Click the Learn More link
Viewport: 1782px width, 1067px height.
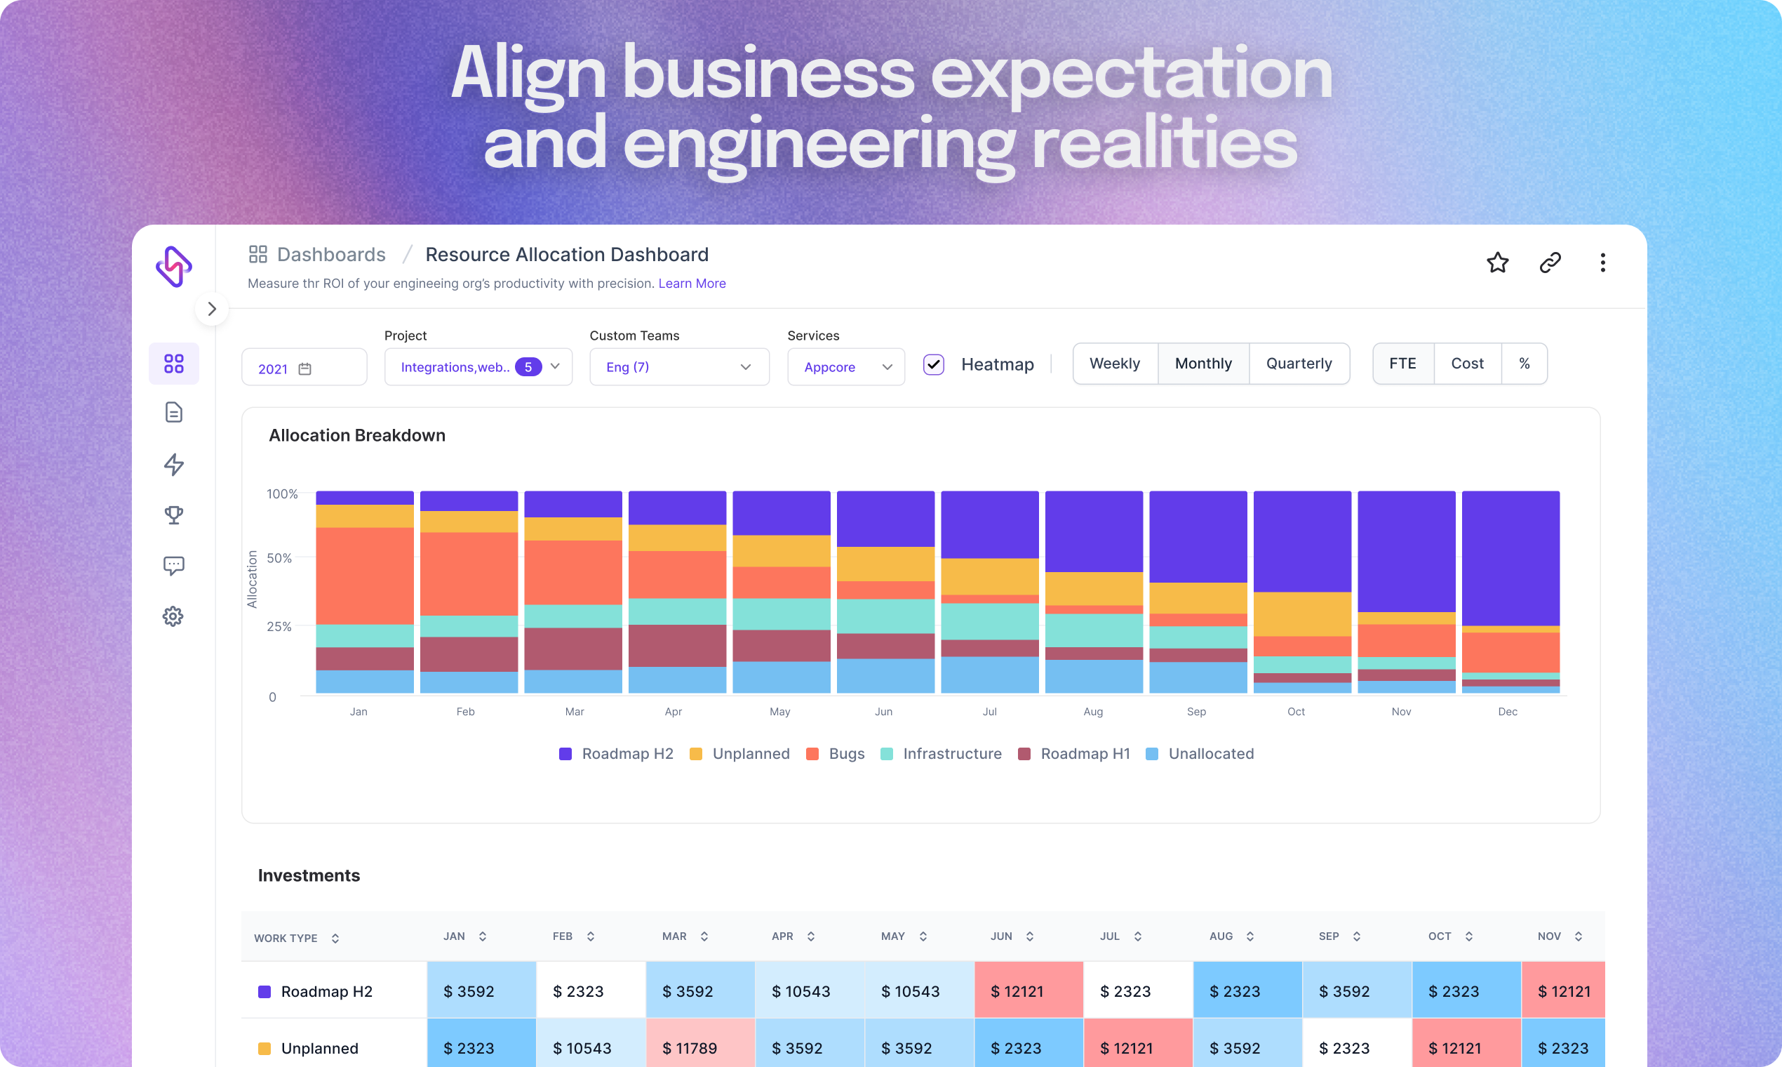pos(691,284)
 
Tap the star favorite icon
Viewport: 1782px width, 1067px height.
pos(1496,263)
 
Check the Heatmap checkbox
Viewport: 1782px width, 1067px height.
pos(933,364)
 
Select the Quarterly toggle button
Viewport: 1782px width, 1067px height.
pos(1299,364)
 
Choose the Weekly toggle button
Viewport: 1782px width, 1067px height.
pos(1115,364)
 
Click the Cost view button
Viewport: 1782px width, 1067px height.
pos(1466,364)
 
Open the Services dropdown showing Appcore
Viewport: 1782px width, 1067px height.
pos(845,366)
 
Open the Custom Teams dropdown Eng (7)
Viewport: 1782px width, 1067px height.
pos(678,366)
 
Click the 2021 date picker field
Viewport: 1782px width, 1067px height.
pos(303,368)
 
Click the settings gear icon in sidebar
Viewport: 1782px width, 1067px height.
pos(173,616)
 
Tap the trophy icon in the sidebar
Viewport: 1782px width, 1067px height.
pos(173,515)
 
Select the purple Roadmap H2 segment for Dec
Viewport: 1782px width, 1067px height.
pos(1510,557)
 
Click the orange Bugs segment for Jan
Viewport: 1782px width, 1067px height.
pos(364,575)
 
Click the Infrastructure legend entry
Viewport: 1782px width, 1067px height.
pos(942,753)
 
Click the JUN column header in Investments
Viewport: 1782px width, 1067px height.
pos(1001,936)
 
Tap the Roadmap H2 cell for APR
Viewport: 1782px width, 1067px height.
pos(808,990)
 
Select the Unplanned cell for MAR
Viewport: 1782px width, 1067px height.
pos(699,1047)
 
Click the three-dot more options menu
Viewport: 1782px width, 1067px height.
pos(1602,263)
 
